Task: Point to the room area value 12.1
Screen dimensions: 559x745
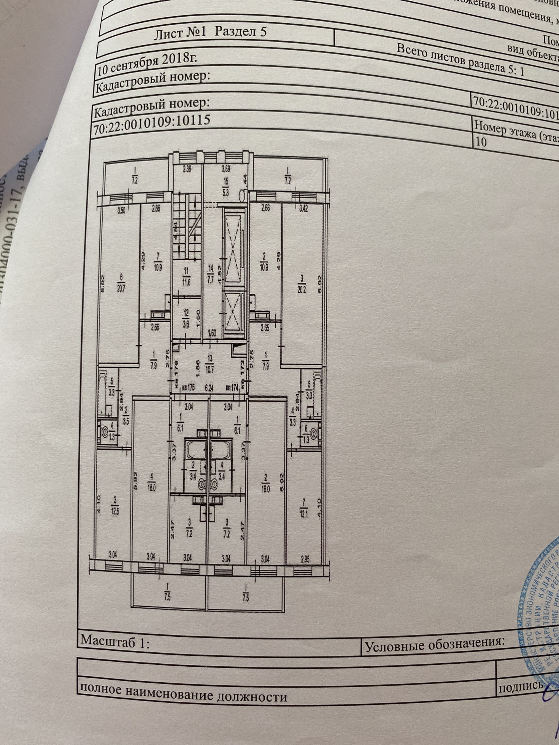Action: [303, 515]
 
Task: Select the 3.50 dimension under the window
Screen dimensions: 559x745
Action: [121, 209]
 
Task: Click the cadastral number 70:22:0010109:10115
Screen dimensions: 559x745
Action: [152, 124]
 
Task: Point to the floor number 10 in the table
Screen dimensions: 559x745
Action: [481, 141]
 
